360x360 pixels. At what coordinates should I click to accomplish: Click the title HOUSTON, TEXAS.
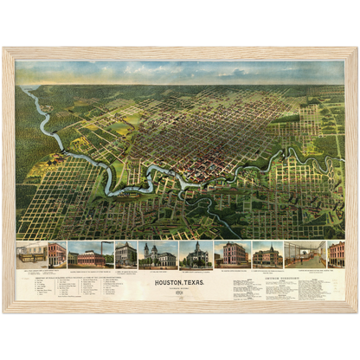pyautogui.click(x=179, y=281)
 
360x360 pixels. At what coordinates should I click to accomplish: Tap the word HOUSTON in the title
pyautogui.click(x=169, y=281)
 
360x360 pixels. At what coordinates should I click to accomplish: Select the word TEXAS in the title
pyautogui.click(x=195, y=281)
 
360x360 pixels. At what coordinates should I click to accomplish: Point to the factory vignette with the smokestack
pyautogui.click(x=90, y=254)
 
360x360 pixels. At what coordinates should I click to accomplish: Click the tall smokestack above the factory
pyautogui.click(x=80, y=247)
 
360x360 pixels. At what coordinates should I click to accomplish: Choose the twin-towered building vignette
pyautogui.click(x=157, y=255)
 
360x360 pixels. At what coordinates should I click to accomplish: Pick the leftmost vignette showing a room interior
pyautogui.click(x=31, y=254)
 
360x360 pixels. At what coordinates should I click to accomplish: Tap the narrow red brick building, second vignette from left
pyautogui.click(x=56, y=254)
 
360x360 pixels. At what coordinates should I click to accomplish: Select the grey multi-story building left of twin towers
pyautogui.click(x=125, y=254)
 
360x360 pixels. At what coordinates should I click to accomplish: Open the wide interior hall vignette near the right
pyautogui.click(x=305, y=254)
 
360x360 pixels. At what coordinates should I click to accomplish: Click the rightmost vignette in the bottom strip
pyautogui.click(x=336, y=254)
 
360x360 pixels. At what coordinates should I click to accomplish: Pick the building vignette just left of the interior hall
pyautogui.click(x=267, y=254)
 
